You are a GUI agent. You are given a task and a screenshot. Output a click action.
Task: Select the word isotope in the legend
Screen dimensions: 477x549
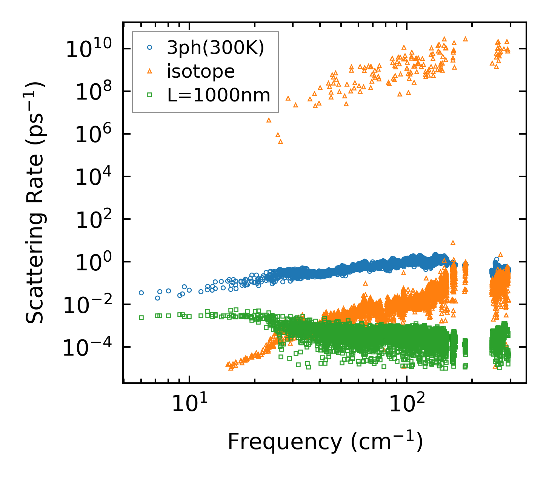tap(201, 71)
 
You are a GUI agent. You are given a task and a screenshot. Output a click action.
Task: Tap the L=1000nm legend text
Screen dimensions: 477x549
tap(219, 95)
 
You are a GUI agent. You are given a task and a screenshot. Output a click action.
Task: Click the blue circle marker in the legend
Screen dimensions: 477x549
tap(149, 48)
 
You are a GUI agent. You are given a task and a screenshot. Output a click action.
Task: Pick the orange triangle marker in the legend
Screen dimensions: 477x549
tap(149, 71)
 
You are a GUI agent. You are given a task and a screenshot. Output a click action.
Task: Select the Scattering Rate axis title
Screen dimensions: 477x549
tap(35, 202)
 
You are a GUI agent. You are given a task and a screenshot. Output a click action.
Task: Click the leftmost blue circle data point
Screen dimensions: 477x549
tap(141, 293)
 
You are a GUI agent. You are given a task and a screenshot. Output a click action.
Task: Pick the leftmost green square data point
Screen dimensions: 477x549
tap(141, 317)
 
